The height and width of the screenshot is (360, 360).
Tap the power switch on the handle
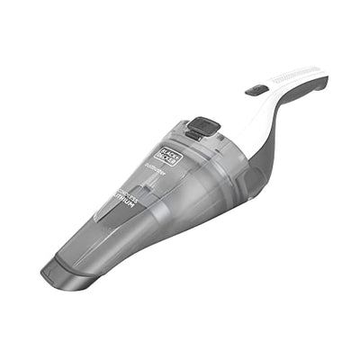coord(256,90)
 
